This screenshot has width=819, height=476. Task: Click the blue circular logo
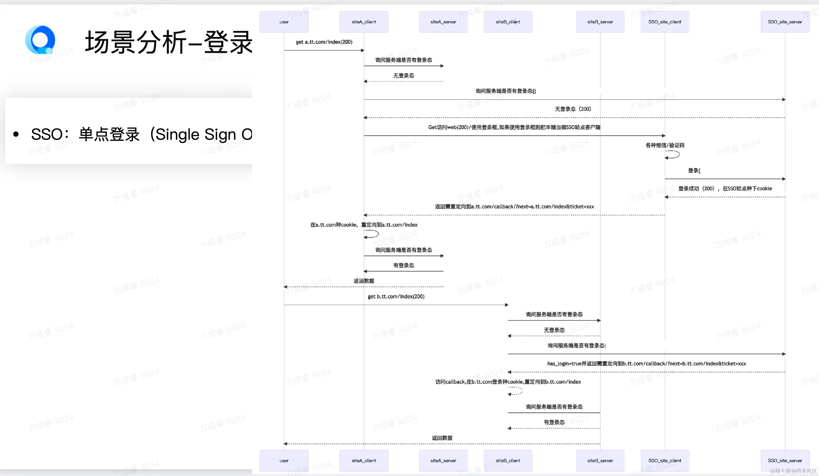click(40, 40)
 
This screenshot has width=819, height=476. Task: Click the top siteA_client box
click(364, 22)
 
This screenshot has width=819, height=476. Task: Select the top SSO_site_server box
click(785, 22)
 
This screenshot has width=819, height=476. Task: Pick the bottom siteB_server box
click(600, 460)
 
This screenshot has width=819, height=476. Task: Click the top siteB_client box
click(508, 22)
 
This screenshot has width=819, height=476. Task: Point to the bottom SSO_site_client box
click(665, 460)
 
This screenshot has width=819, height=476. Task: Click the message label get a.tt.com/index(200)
click(324, 42)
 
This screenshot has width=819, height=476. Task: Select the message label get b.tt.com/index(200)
click(396, 296)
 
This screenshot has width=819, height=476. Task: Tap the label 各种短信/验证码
click(665, 145)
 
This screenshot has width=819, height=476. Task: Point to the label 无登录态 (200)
click(573, 109)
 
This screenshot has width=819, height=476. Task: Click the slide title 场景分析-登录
click(168, 42)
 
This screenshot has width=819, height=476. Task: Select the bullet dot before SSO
click(16, 134)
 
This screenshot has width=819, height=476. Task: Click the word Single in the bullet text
click(177, 134)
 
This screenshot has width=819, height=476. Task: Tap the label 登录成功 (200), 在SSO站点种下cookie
click(725, 189)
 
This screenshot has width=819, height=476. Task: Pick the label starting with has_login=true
click(646, 364)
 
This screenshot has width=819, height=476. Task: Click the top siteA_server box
click(443, 22)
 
